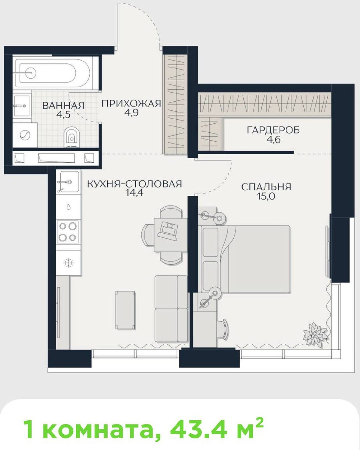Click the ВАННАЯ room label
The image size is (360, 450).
63,105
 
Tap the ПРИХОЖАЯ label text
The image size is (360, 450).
131,103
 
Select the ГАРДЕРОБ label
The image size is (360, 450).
273,130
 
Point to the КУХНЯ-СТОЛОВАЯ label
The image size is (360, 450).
134,184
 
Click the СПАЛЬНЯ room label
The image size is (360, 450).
266,187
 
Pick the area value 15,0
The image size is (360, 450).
266,196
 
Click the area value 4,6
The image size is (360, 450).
273,139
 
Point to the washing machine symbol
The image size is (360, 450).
25,135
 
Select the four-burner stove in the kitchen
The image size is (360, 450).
68,232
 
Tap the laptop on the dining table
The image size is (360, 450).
167,230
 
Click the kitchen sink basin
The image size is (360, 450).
68,181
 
